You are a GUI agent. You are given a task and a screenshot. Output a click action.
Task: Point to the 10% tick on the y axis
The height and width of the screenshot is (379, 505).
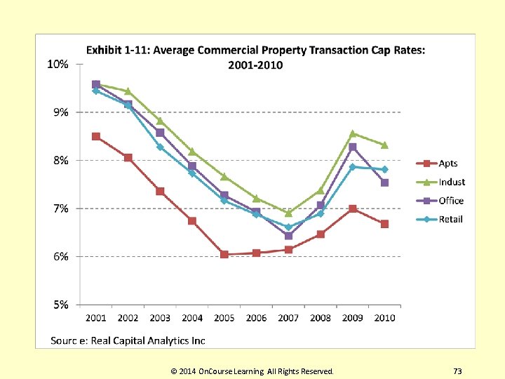click(58, 65)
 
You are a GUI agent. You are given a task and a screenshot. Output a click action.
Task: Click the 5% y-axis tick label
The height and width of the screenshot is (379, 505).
click(60, 305)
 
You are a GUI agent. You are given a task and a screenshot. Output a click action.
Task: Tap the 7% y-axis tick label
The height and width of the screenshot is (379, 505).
click(60, 208)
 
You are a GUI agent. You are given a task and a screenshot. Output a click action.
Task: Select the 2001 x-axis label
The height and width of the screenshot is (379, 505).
click(96, 318)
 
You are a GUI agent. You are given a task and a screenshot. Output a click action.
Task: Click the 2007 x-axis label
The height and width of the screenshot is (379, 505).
click(288, 318)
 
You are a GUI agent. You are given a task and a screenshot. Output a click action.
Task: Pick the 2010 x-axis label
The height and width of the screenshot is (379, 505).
click(384, 318)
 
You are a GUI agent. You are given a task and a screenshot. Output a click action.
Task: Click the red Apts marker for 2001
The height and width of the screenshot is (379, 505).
click(96, 136)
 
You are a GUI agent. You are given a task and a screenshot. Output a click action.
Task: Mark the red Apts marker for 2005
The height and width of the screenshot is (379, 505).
click(224, 254)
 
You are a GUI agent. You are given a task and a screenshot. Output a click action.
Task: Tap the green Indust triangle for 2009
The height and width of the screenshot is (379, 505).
click(353, 133)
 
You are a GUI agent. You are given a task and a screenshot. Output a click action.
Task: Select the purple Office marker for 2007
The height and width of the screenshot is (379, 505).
click(288, 236)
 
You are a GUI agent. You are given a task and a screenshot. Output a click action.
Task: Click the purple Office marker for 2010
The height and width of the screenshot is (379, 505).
click(384, 182)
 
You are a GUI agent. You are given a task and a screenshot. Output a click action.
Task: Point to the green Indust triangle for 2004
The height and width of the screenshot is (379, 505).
click(192, 152)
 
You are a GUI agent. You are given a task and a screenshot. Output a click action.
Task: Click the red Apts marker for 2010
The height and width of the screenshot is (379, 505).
click(384, 224)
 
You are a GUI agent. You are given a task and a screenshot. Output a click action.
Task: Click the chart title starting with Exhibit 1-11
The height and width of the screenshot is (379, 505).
click(255, 57)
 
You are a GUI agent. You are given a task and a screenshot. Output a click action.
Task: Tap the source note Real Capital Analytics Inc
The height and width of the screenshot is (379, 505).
click(128, 340)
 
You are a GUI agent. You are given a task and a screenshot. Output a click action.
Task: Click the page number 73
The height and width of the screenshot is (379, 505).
click(457, 371)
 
